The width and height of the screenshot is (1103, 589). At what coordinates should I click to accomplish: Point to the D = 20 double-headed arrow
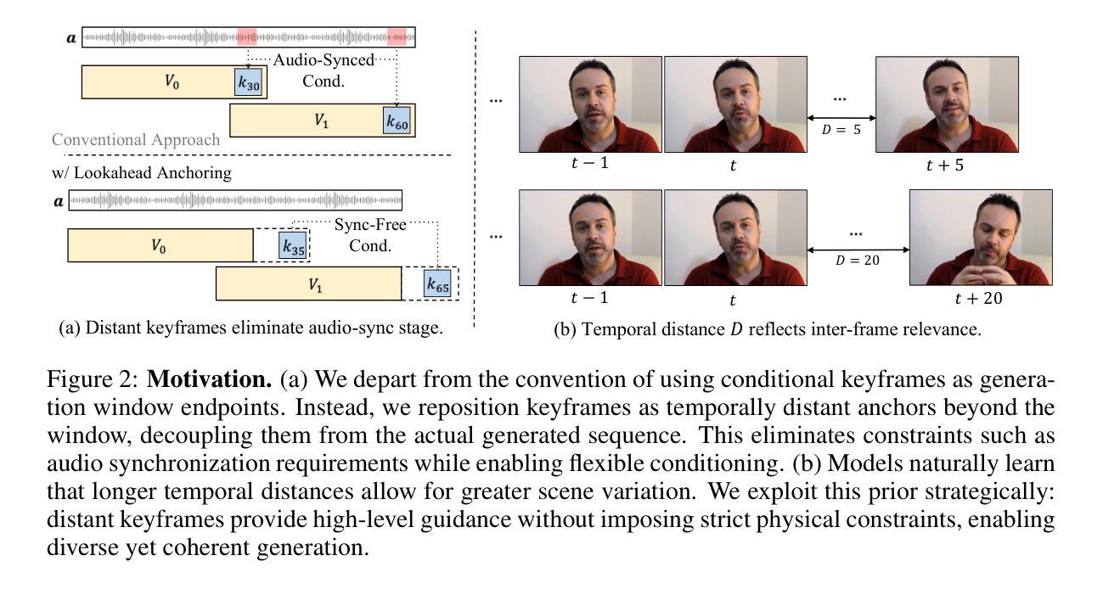[x=857, y=250]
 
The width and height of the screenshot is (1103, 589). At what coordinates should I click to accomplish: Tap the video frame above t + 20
[x=980, y=237]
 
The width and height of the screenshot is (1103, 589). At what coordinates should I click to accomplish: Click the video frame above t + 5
[x=946, y=104]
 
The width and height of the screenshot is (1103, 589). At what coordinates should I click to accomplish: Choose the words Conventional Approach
[x=136, y=140]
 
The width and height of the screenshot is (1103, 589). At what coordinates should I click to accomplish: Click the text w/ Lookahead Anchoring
[x=142, y=174]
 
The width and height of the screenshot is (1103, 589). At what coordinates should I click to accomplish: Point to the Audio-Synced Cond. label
[x=323, y=70]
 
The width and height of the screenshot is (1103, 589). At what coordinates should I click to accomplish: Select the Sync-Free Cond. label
[x=369, y=235]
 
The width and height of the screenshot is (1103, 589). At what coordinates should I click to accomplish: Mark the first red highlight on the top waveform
[x=247, y=37]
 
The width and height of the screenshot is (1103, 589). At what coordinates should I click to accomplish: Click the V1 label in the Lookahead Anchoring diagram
[x=314, y=284]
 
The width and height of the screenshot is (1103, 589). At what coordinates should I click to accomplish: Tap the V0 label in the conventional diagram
[x=171, y=82]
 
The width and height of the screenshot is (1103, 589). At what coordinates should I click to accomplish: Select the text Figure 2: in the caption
[x=96, y=379]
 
